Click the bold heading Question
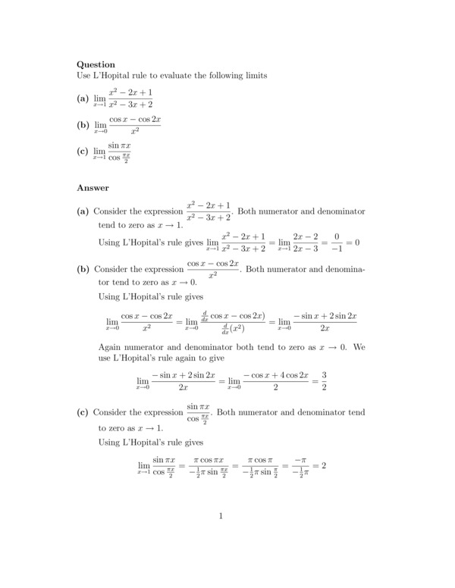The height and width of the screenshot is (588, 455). (x=96, y=65)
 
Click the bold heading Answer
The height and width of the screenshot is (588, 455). (x=93, y=187)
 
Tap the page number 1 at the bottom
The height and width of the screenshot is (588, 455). (x=221, y=518)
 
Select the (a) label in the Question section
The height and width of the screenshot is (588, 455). (x=83, y=99)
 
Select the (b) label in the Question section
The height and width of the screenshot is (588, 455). (x=83, y=125)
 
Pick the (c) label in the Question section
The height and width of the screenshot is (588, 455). (x=83, y=152)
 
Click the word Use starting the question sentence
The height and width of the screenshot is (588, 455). (x=84, y=77)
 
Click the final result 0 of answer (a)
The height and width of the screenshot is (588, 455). (x=355, y=242)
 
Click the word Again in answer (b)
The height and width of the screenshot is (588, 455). (x=111, y=348)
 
